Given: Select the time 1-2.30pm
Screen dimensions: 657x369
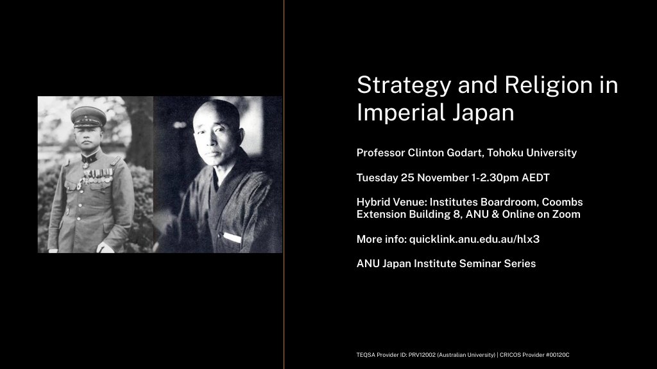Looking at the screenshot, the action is coord(495,178).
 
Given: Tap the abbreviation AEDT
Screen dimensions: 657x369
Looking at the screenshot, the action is coord(536,178).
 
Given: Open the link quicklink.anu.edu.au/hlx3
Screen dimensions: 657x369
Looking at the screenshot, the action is coord(474,240).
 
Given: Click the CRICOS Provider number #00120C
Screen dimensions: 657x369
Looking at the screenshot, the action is coord(558,355).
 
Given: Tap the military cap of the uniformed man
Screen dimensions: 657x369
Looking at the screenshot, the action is coord(88,117).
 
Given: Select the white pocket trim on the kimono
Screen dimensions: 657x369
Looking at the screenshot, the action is coord(232,237).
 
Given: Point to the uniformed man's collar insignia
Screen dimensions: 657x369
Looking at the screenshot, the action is coord(89,158).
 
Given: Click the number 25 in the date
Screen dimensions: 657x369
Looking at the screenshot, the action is coord(407,178).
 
